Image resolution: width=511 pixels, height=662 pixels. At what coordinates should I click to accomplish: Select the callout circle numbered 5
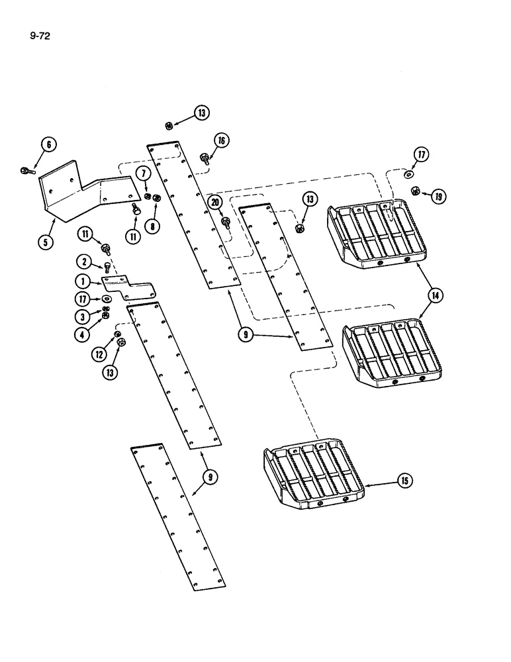46,242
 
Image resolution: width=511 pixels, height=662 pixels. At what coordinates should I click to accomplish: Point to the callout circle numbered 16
220,140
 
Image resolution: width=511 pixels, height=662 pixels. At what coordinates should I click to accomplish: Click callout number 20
214,202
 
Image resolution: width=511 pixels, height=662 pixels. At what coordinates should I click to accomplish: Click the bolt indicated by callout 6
26,171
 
